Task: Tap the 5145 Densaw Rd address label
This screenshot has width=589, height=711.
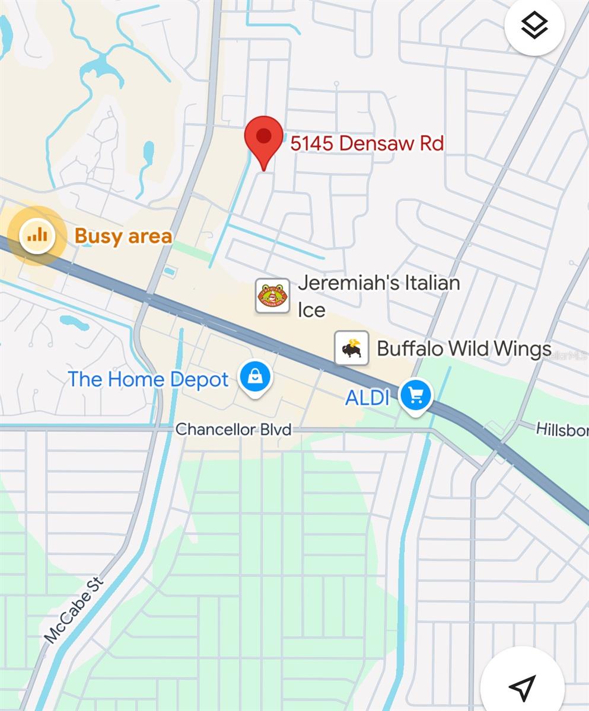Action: (x=367, y=143)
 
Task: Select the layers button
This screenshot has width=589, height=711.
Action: (x=534, y=25)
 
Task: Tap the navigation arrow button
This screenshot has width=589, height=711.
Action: (x=522, y=686)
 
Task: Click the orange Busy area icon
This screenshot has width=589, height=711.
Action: (x=37, y=236)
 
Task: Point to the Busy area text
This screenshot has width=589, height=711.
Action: (x=123, y=236)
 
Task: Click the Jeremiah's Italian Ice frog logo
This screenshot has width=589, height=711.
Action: (x=272, y=296)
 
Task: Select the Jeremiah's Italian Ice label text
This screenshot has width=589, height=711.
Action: (x=378, y=296)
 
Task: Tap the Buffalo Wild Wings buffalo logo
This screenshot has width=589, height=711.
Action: (x=352, y=348)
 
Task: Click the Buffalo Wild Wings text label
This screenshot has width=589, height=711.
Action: (x=464, y=348)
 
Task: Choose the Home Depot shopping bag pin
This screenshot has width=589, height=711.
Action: (x=255, y=378)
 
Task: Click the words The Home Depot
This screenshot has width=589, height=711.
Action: (x=148, y=379)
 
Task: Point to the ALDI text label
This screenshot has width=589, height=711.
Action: (x=367, y=398)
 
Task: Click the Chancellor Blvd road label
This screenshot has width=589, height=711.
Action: (x=234, y=429)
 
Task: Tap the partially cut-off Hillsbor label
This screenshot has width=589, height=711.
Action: (x=562, y=429)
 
